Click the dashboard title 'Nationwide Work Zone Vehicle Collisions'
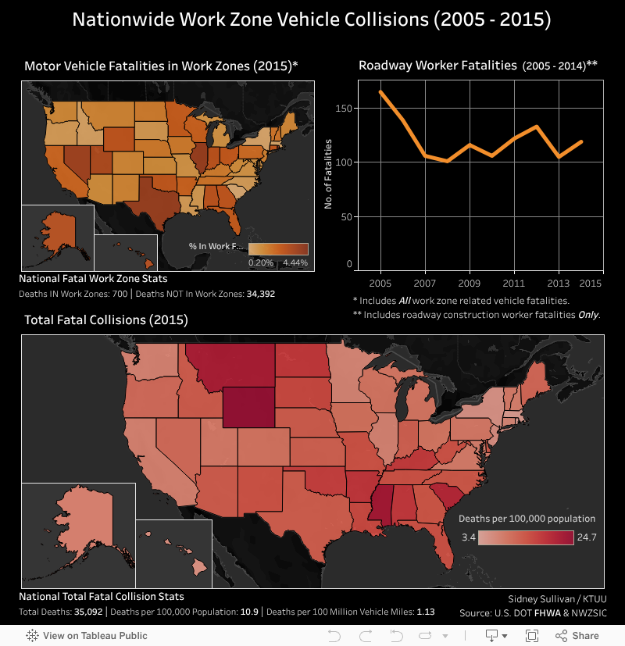click(312, 20)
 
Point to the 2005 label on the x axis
click(380, 283)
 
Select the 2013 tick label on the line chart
click(557, 283)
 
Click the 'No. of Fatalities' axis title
click(329, 174)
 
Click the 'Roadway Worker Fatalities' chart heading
click(437, 66)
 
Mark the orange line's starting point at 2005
click(380, 91)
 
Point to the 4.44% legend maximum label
click(295, 263)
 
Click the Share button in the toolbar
click(579, 636)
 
